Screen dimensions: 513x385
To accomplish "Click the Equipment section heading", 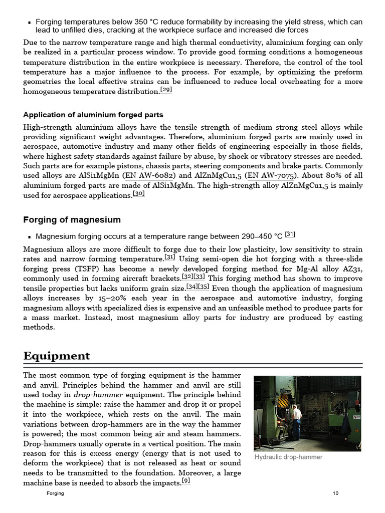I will coord(57,356).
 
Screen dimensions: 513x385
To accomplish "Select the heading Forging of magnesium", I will coord(72,220).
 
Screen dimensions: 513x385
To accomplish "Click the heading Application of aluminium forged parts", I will coord(93,115).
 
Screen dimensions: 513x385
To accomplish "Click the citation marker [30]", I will coord(138,194).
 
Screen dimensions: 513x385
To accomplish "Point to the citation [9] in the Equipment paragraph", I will coord(185,481).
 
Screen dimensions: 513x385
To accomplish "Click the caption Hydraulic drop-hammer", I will coord(288,457).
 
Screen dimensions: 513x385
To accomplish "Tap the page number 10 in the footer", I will coord(335,493).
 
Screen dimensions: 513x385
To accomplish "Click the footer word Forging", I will coord(55,493).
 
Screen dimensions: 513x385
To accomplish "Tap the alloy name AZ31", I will coord(352,269).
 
